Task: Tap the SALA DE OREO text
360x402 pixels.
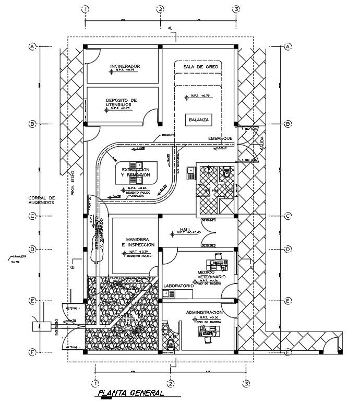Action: tap(200, 67)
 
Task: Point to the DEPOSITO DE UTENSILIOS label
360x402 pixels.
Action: tap(121, 102)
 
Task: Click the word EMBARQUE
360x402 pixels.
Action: tap(220, 138)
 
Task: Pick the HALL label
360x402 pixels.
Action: tap(186, 229)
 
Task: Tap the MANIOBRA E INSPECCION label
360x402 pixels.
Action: tap(134, 242)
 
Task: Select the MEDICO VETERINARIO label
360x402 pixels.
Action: tap(211, 275)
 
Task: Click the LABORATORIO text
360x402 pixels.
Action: tap(178, 286)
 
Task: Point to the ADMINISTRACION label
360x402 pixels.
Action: tap(204, 312)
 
